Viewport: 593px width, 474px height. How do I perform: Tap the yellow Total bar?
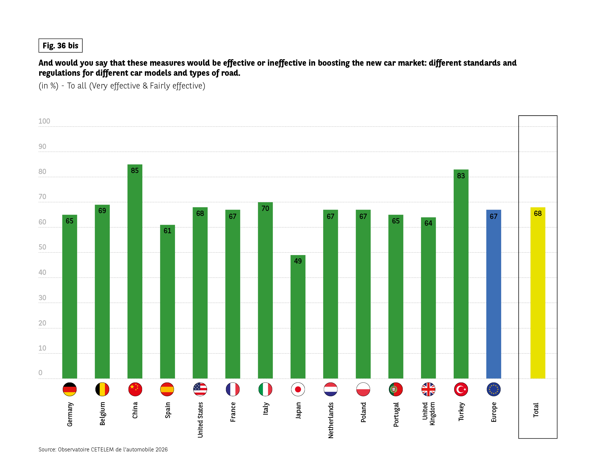tap(538, 294)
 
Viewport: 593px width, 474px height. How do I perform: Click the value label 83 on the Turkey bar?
tap(461, 176)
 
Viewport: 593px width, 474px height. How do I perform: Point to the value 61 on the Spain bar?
tap(167, 231)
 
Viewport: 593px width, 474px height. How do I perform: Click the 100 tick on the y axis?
tap(44, 121)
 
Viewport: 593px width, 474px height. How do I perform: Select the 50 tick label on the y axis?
tap(42, 247)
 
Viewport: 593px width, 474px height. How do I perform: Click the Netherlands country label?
tap(331, 420)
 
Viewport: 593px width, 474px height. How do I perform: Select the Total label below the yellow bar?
tap(536, 410)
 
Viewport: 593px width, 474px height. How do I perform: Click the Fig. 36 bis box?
tap(61, 46)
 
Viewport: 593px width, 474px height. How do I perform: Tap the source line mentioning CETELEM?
tap(103, 449)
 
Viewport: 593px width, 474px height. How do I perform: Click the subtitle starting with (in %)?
tap(122, 86)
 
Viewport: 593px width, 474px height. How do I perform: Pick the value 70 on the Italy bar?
tap(265, 209)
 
